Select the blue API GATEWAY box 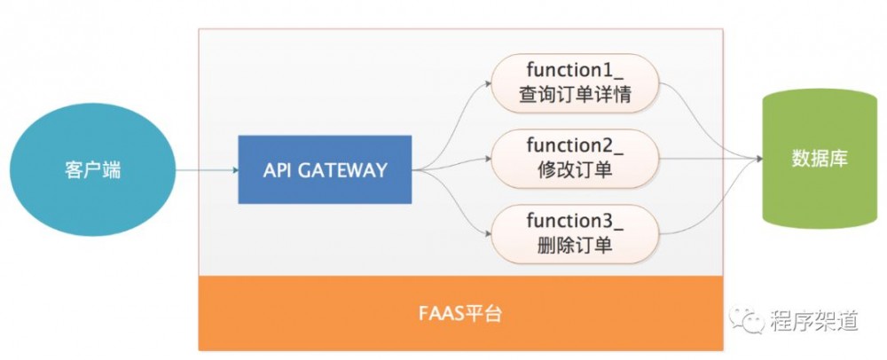[325, 169]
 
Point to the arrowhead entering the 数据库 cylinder [758, 160]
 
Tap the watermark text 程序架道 [812, 320]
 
